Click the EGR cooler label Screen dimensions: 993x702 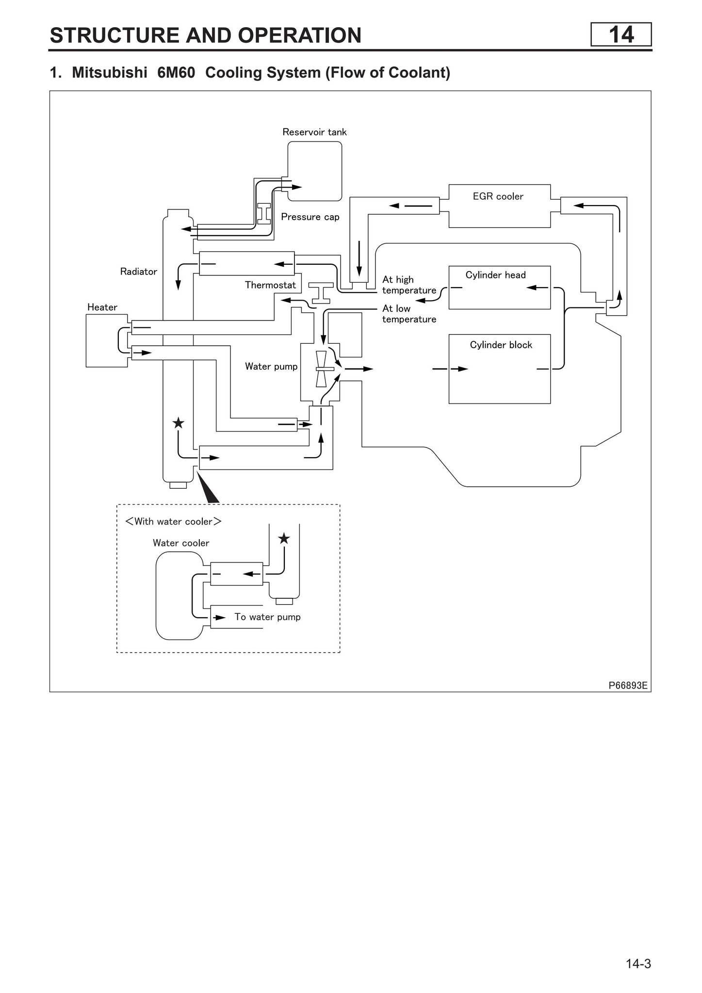[x=498, y=196]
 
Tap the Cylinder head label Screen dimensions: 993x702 [x=495, y=275]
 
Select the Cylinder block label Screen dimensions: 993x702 [x=501, y=345]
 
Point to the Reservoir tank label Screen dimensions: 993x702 [x=314, y=132]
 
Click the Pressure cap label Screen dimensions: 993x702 [x=310, y=217]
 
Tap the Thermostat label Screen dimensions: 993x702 [x=270, y=285]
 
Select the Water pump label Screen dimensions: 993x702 [x=271, y=367]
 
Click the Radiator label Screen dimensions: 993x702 [x=138, y=272]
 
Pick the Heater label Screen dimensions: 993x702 [x=102, y=307]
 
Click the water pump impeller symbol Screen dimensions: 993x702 [x=322, y=369]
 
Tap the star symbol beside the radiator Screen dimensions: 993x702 [x=179, y=423]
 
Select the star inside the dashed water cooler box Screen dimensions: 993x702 [x=284, y=539]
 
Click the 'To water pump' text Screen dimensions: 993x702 [x=267, y=617]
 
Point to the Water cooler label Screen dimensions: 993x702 [x=181, y=543]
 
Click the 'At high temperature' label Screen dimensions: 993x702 [x=408, y=285]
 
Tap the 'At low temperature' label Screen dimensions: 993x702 [x=408, y=314]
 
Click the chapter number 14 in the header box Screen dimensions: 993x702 [x=620, y=35]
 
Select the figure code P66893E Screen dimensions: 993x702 [x=628, y=685]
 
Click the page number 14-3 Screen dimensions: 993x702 [x=638, y=963]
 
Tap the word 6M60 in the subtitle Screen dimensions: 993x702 [x=176, y=73]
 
